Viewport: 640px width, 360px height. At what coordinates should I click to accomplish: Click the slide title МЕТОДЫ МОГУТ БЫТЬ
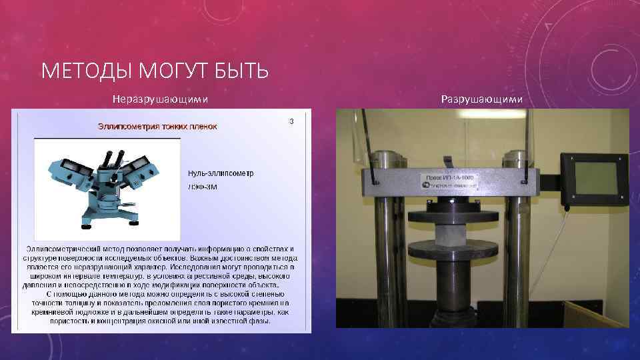coord(155,70)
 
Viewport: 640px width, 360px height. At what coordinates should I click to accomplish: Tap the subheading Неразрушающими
coord(160,99)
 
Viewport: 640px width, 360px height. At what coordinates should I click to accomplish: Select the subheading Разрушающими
coord(482,99)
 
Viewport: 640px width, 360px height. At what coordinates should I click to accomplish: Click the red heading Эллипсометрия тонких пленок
coord(157,126)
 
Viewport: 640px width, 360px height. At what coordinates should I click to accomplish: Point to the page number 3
coord(291,121)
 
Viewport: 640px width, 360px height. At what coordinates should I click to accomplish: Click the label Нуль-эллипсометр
coord(220,173)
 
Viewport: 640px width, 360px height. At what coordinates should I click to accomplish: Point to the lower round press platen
coord(451,251)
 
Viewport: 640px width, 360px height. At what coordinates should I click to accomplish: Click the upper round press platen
coord(451,217)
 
